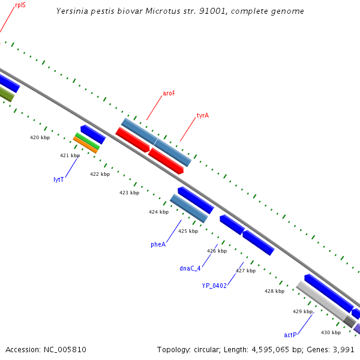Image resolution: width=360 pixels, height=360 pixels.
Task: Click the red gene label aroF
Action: pos(169,94)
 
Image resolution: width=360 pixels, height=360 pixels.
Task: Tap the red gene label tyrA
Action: pos(203,115)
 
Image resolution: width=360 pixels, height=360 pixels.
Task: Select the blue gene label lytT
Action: pos(58,179)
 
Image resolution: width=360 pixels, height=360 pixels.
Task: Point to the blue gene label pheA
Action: pos(158,244)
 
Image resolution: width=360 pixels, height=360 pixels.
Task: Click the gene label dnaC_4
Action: pos(190,268)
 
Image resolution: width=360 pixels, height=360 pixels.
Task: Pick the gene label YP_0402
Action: pos(214,286)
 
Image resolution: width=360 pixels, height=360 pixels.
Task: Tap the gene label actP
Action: pos(290,334)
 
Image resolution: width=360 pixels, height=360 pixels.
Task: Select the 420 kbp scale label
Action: pos(40,137)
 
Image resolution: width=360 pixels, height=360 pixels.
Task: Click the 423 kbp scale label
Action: pos(129,193)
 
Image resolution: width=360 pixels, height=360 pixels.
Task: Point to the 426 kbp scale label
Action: pos(217,251)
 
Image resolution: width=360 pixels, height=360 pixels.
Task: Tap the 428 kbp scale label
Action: pos(274,291)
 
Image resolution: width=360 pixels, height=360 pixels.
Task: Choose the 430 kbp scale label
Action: pos(331,332)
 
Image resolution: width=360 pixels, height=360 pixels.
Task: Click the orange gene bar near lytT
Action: pos(85,145)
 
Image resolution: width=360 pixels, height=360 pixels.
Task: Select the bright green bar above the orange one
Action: pos(87,140)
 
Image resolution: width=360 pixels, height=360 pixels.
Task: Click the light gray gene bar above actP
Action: pos(321,300)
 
